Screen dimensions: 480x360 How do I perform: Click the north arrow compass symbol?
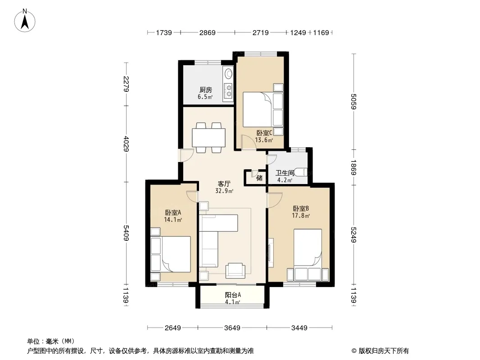25,21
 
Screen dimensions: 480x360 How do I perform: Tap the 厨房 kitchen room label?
205,93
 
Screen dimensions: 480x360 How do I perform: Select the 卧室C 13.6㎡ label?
264,136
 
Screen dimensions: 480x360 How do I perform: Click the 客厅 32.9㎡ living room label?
224,187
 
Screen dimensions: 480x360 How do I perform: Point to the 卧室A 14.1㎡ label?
173,216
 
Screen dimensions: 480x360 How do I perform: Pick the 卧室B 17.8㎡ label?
301,212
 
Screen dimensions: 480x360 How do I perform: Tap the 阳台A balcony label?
233,298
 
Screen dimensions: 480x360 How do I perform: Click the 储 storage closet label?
259,178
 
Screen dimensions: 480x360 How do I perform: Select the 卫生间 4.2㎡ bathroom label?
285,176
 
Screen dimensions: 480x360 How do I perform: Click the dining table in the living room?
208,138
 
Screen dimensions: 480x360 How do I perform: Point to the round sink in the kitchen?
228,73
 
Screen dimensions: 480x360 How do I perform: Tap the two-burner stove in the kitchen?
228,90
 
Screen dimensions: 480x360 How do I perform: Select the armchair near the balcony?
235,271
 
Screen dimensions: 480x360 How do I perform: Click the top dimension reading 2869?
208,32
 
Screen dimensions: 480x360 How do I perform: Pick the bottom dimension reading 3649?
232,328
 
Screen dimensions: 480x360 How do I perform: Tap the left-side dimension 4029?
126,144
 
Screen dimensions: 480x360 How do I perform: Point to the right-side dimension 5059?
353,101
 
